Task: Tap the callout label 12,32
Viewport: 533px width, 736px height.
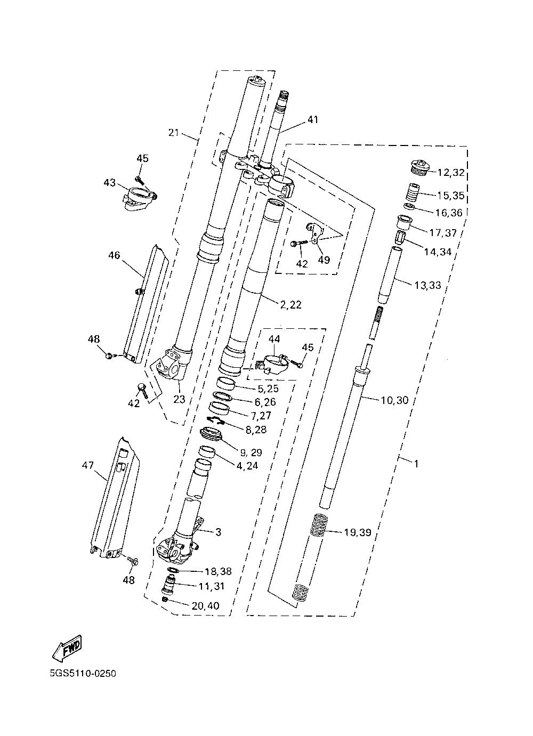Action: pyautogui.click(x=451, y=173)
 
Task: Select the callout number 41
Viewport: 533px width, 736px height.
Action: pyautogui.click(x=313, y=119)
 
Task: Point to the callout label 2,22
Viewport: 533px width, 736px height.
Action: pyautogui.click(x=291, y=305)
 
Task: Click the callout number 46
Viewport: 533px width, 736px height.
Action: pyautogui.click(x=114, y=255)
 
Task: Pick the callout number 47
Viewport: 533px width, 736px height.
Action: pyautogui.click(x=88, y=465)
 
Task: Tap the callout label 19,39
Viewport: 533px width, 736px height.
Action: pyautogui.click(x=358, y=532)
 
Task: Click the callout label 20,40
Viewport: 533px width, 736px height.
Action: pyautogui.click(x=205, y=605)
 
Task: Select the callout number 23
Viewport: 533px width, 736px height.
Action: pyautogui.click(x=179, y=400)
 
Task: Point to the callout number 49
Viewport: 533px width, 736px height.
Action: pyautogui.click(x=324, y=260)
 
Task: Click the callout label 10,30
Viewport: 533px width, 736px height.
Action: pyautogui.click(x=394, y=400)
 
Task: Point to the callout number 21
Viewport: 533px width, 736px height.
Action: pyautogui.click(x=174, y=133)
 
